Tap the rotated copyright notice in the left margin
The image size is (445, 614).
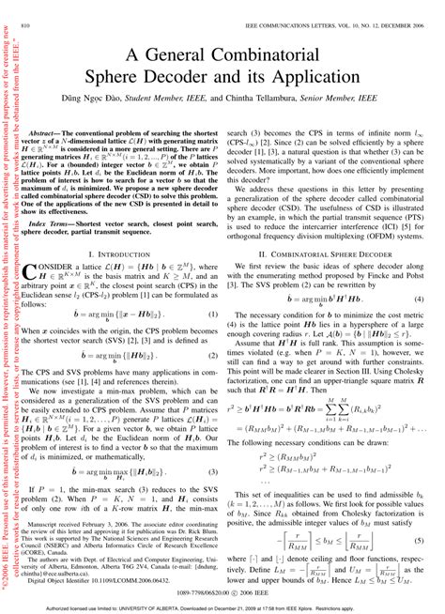pyautogui.click(x=11, y=310)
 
